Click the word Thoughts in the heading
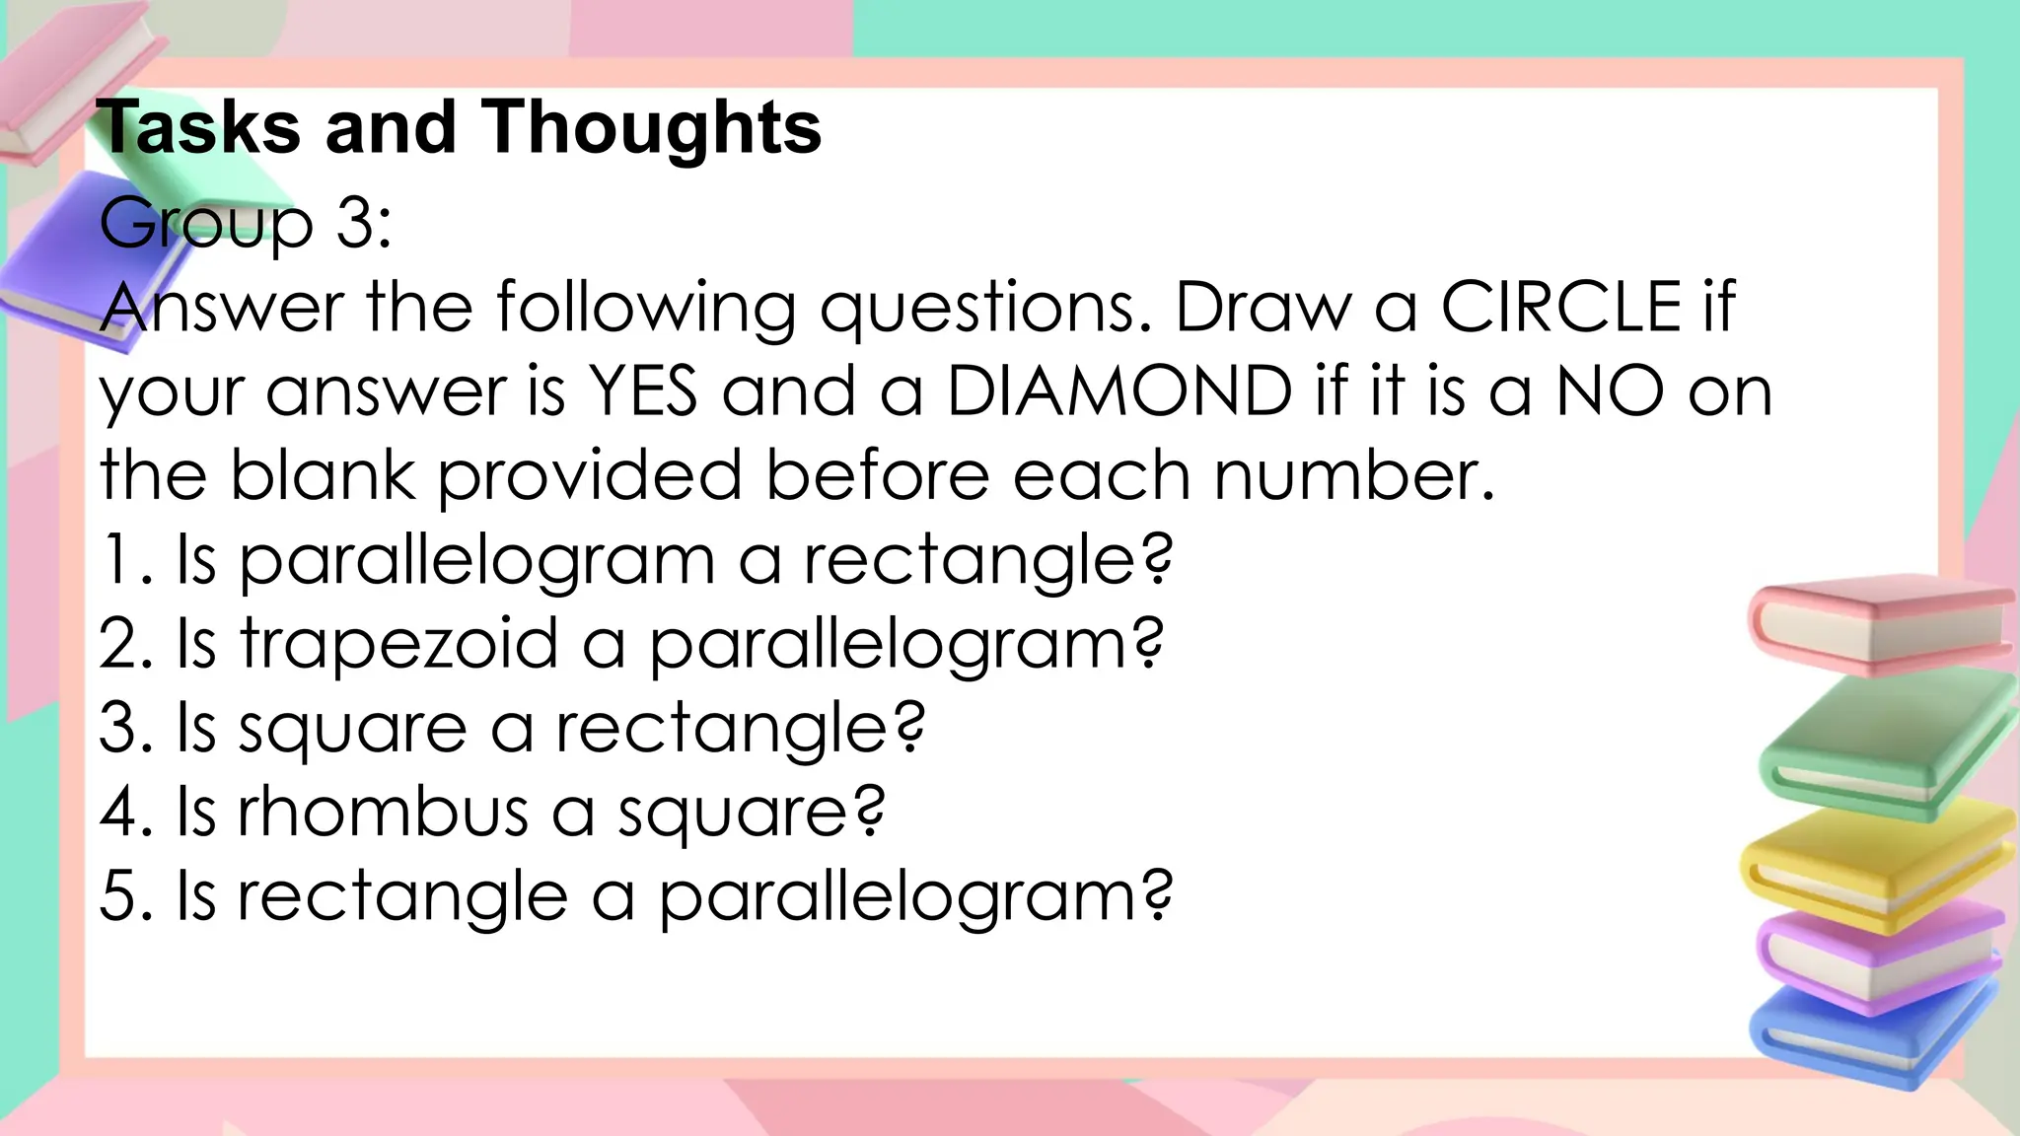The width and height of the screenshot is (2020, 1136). click(x=651, y=128)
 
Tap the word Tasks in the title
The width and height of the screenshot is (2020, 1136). click(x=197, y=128)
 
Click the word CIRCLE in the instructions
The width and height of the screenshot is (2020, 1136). click(x=1560, y=307)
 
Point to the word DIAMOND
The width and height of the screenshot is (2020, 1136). click(x=1118, y=391)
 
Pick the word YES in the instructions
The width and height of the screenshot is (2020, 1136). click(x=642, y=391)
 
